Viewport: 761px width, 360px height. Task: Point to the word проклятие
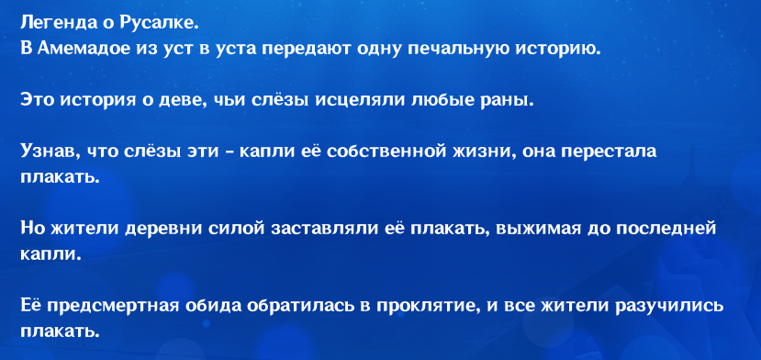(x=433, y=307)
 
